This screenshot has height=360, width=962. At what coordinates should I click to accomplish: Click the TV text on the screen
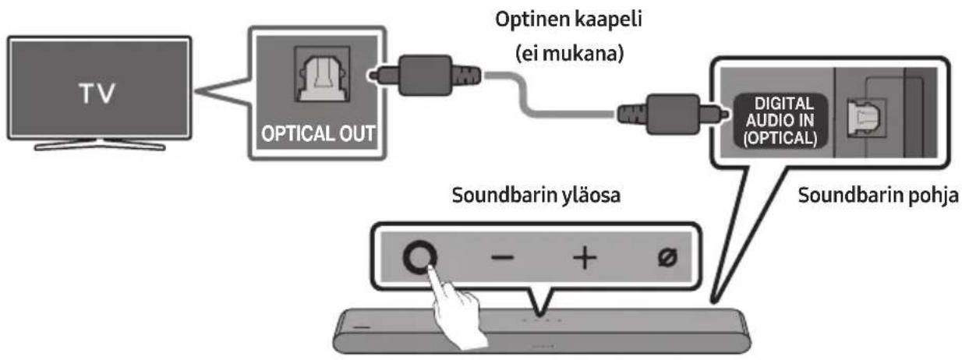(97, 93)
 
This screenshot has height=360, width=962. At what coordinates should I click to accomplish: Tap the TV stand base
(100, 146)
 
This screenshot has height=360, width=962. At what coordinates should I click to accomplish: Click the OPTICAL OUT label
(318, 133)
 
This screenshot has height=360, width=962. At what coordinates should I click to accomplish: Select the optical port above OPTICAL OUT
(322, 74)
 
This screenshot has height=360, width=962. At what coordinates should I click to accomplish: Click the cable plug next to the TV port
(424, 75)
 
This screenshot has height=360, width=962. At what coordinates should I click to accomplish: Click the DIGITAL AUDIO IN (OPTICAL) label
(780, 121)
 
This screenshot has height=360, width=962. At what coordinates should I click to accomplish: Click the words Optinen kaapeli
(568, 20)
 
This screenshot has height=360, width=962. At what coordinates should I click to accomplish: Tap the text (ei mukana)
(569, 54)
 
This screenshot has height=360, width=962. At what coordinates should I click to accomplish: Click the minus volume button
(502, 257)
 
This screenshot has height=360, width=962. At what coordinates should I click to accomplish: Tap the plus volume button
(585, 258)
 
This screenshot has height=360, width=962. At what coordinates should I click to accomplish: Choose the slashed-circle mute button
(668, 257)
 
